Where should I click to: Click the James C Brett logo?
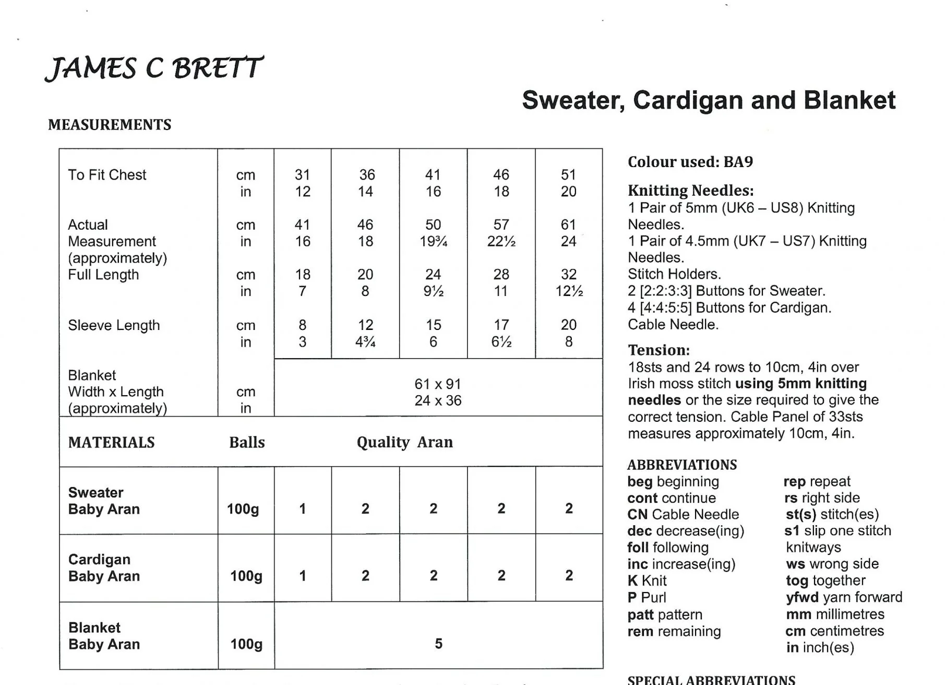click(154, 68)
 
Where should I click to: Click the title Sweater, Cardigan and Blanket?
click(708, 100)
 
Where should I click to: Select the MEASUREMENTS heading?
click(110, 125)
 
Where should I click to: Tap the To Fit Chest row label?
click(107, 175)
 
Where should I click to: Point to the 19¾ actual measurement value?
click(433, 242)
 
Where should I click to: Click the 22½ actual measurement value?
click(501, 242)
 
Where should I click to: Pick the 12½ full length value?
click(569, 291)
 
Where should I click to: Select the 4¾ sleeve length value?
click(365, 342)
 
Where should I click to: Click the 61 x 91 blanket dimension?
click(438, 384)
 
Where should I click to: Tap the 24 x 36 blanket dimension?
click(438, 401)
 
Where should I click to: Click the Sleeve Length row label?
click(114, 325)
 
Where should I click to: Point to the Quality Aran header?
click(404, 442)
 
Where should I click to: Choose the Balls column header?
click(247, 443)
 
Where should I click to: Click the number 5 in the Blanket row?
click(438, 644)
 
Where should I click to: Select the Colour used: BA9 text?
click(690, 162)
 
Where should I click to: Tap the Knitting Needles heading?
click(690, 191)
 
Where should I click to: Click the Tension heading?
click(659, 350)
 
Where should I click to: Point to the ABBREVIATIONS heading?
click(682, 465)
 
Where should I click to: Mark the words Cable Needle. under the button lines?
click(673, 325)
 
